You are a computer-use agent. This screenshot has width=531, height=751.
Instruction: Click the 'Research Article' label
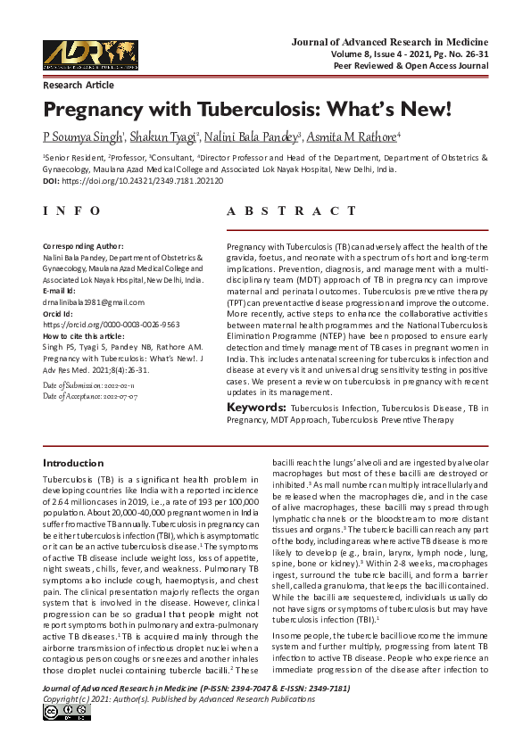point(79,85)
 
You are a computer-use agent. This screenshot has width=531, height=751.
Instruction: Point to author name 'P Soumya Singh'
point(83,136)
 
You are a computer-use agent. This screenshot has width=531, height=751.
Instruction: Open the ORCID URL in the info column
point(112,326)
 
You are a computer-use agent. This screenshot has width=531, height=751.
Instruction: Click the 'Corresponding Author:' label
point(83,245)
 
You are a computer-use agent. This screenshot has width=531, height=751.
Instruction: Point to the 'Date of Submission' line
point(87,384)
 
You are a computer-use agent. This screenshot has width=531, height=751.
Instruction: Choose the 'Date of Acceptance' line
point(88,396)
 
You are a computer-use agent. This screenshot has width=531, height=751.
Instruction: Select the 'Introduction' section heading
point(73,463)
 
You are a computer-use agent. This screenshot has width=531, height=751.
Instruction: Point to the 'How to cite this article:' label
point(86,337)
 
